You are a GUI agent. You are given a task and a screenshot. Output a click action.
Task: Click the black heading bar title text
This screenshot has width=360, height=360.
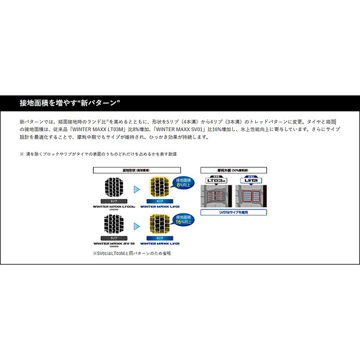(70, 102)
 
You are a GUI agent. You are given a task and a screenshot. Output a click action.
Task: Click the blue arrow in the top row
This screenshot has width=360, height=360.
(136, 189)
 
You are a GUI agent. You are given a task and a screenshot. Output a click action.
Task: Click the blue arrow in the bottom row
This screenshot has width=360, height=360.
(136, 226)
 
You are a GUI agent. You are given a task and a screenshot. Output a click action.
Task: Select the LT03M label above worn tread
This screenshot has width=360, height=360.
(215, 179)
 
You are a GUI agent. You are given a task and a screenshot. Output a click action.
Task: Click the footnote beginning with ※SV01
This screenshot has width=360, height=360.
(132, 253)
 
